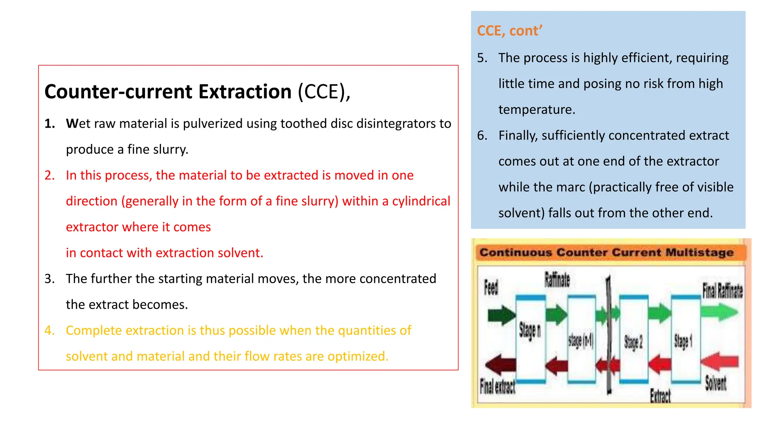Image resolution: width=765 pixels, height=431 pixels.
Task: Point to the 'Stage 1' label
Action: click(683, 341)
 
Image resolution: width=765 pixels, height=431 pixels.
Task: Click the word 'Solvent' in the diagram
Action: click(715, 383)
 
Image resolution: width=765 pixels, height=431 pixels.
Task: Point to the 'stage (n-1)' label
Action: click(580, 340)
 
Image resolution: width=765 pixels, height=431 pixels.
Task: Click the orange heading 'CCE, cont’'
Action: click(510, 31)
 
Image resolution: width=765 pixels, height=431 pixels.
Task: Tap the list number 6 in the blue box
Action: click(482, 135)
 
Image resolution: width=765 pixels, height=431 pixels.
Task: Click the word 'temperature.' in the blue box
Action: click(537, 110)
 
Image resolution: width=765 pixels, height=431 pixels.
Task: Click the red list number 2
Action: click(49, 175)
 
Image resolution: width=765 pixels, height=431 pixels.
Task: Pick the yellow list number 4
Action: click(49, 330)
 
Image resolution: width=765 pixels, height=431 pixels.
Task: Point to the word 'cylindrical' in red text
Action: click(421, 201)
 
